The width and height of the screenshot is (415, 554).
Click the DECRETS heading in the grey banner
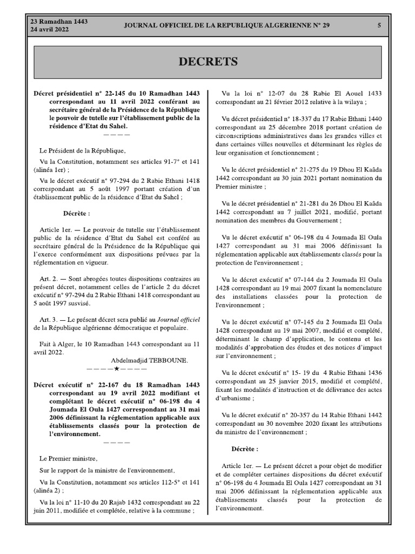pos(208,62)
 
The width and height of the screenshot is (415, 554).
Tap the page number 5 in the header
pos(379,25)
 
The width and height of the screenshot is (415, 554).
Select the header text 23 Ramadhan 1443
pos(59,21)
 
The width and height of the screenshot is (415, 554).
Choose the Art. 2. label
pos(49,277)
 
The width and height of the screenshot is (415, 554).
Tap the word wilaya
pos(354,101)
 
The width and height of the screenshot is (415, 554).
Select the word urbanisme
pos(234,398)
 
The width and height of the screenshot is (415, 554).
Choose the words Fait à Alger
pos(57,343)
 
